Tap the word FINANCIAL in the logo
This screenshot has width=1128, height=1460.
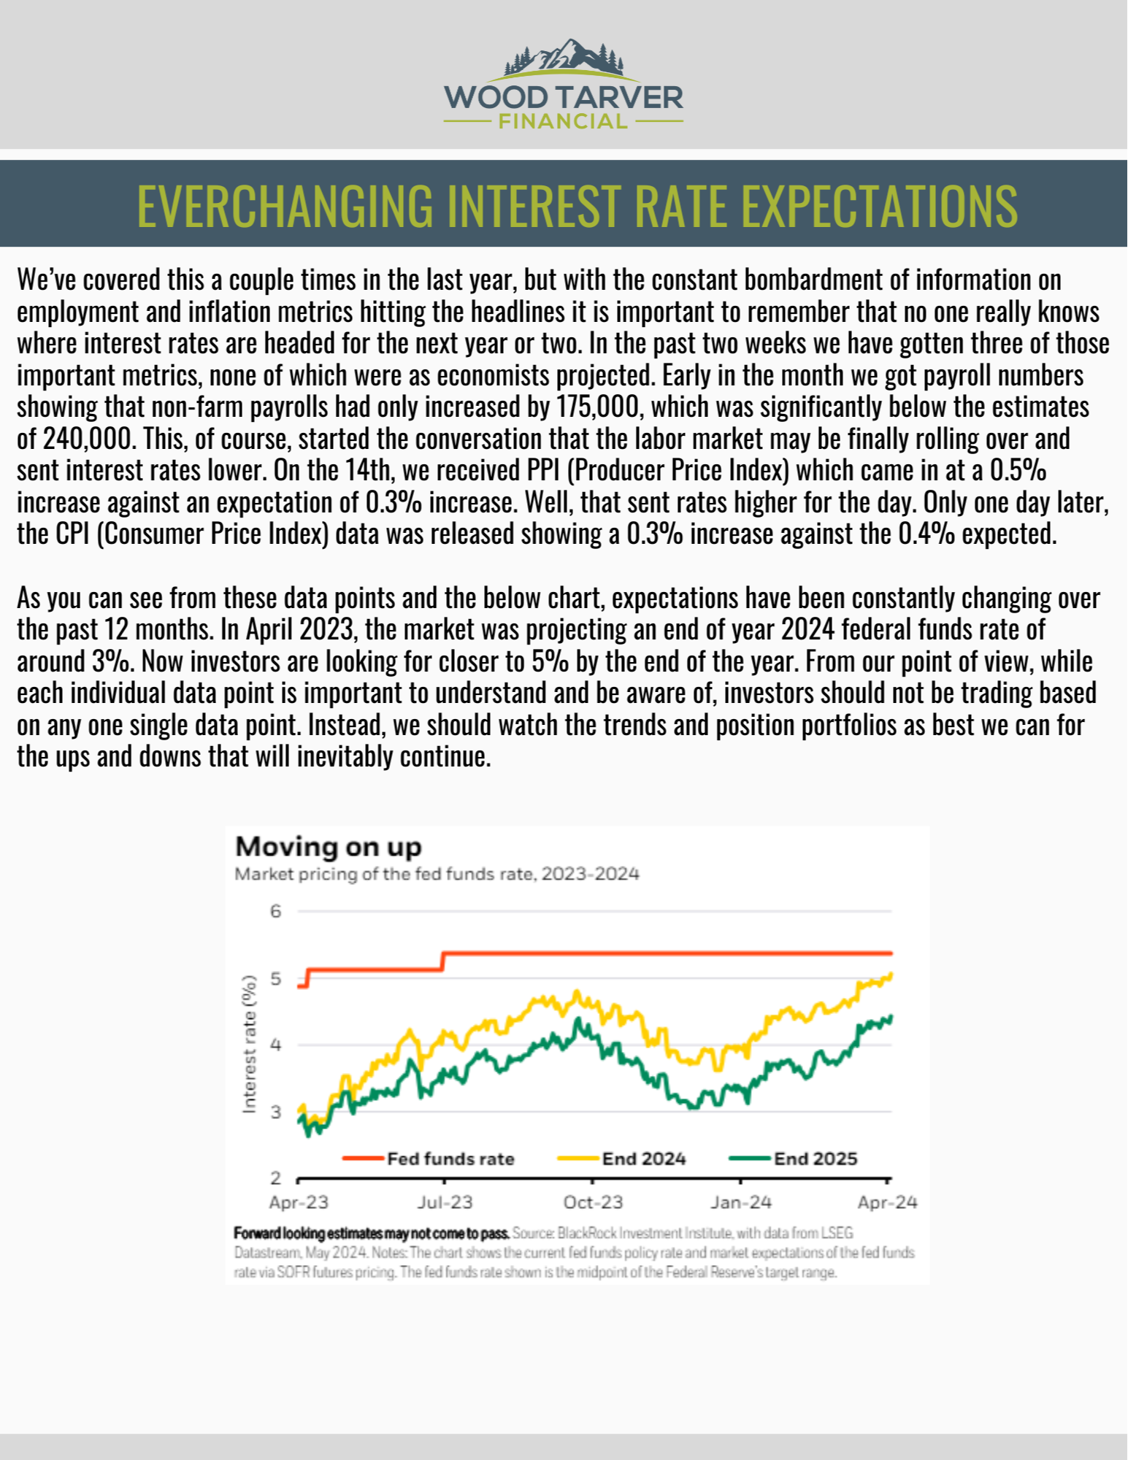pos(563,122)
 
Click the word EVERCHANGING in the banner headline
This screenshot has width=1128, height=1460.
pos(285,206)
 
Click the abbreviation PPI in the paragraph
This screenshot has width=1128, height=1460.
pos(542,471)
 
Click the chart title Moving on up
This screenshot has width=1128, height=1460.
pos(329,847)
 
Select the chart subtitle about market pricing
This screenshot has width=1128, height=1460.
pos(437,874)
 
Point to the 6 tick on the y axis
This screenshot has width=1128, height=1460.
pos(275,911)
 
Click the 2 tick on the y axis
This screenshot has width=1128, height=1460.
pos(275,1177)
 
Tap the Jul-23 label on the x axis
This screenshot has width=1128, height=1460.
pos(445,1202)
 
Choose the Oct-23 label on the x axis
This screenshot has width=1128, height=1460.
pos(593,1202)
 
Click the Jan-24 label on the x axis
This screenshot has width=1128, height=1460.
pos(741,1202)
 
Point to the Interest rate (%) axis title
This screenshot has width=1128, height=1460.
pos(250,1044)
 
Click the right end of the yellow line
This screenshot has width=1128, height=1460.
pos(891,974)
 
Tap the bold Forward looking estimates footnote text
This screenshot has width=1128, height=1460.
pos(371,1234)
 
